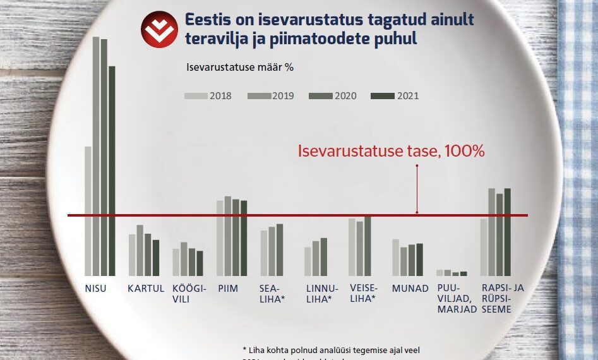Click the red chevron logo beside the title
pos(158,30)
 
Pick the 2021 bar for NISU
pos(112,171)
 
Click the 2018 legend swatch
pos(196,96)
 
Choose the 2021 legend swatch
pos(382,96)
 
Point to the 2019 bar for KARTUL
pos(140,250)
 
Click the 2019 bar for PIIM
pos(228,236)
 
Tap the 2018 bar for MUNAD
pos(395,257)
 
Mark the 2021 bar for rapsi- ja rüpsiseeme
pos(507,232)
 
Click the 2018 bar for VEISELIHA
pos(352,247)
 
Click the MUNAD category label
pos(405,289)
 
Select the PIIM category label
pos(227,289)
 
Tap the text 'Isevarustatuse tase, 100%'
pos(391,152)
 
